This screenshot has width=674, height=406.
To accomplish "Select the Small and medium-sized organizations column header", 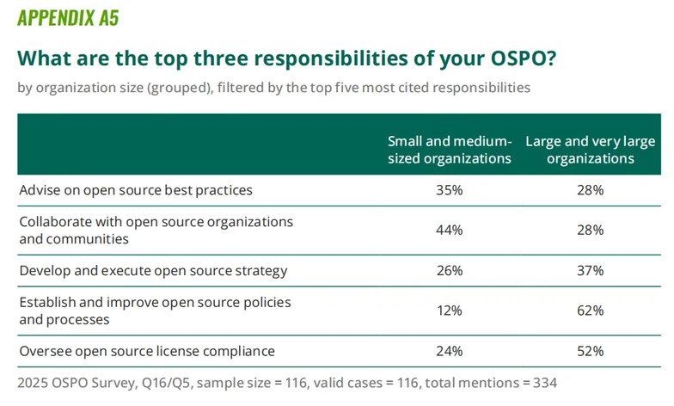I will (450, 150).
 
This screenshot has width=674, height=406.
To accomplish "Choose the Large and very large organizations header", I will (590, 150).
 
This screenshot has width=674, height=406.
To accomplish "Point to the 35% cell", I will (450, 189).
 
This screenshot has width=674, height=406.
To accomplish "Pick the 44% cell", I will (450, 230).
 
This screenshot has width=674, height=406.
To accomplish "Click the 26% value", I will (450, 270).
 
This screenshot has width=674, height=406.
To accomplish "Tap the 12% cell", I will (450, 311).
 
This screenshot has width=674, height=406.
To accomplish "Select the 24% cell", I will (450, 351).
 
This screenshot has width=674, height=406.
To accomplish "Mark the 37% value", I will (590, 270).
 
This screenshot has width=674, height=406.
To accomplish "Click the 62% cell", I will (590, 311).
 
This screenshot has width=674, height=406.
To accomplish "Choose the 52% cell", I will (590, 351).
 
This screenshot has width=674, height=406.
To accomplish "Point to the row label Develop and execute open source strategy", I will (153, 270).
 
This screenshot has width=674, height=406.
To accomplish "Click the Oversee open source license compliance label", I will (147, 351).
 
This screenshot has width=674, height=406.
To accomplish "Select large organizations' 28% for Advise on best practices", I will (590, 189).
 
